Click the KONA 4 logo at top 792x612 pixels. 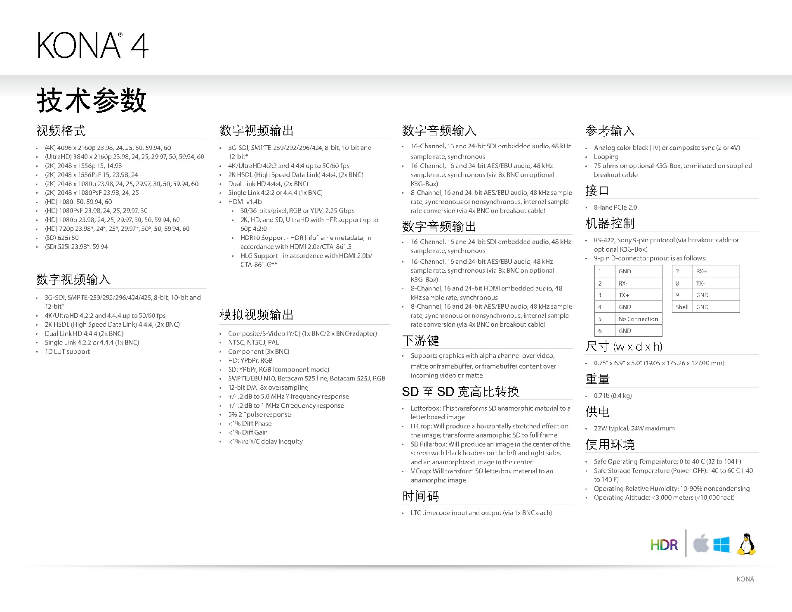[x=93, y=45]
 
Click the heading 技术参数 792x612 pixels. [x=92, y=100]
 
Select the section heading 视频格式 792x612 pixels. [x=61, y=130]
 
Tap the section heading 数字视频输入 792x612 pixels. [x=73, y=279]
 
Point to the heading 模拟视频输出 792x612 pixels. [x=257, y=315]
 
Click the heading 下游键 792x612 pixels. [x=420, y=340]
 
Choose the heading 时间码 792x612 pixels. [x=420, y=496]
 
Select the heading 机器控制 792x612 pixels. [x=610, y=223]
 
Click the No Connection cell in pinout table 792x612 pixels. [x=638, y=319]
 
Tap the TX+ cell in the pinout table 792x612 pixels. [x=624, y=295]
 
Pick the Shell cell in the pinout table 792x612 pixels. [x=682, y=307]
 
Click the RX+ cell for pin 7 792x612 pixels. [x=701, y=271]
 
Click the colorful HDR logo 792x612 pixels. [x=664, y=545]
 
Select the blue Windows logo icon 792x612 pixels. [x=721, y=544]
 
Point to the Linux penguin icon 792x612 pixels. [x=746, y=544]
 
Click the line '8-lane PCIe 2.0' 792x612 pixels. [x=615, y=207]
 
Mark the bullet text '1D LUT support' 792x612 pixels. [x=67, y=352]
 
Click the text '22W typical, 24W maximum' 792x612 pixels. [x=634, y=428]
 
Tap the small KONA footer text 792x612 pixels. [x=745, y=579]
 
